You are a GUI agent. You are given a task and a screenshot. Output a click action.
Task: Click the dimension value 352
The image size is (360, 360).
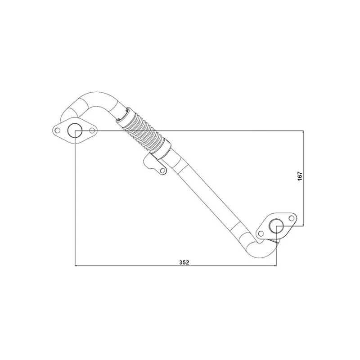(x=184, y=262)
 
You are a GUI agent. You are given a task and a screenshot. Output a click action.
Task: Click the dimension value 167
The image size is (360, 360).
(x=300, y=176)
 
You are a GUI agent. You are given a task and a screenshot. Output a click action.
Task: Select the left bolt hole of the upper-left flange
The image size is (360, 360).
(x=58, y=130)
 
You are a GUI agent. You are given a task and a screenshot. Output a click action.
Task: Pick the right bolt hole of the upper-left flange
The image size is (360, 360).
(x=92, y=130)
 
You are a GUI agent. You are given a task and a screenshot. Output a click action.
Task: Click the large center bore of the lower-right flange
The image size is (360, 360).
(x=276, y=226)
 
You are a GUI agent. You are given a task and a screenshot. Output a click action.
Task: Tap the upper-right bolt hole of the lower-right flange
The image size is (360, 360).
(x=291, y=218)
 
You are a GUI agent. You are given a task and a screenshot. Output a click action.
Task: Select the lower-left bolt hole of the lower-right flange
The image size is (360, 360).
(x=261, y=234)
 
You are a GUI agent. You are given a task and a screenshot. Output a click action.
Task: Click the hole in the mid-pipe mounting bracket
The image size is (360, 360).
(x=163, y=170)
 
